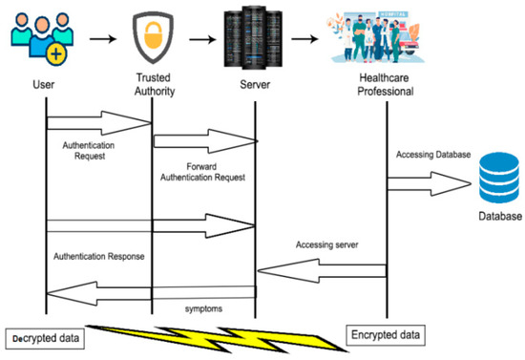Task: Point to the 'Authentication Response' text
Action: [99, 255]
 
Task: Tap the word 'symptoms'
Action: [204, 308]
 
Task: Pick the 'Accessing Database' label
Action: [434, 155]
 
